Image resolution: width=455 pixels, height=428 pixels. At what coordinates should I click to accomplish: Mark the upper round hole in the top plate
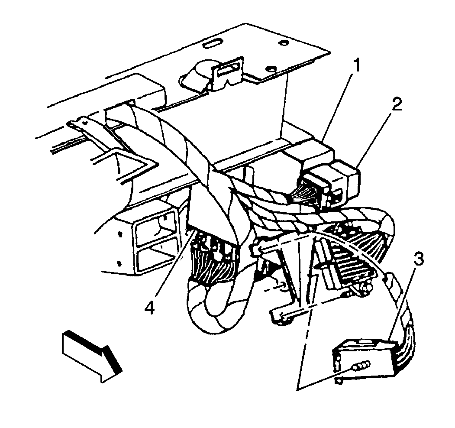[284, 43]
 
